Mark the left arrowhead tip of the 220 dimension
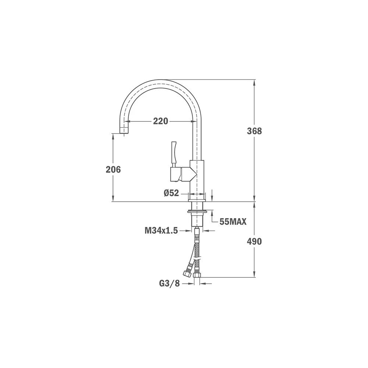point(124,121)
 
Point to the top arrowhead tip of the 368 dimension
point(254,80)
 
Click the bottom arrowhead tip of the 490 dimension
point(254,277)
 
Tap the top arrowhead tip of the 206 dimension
point(113,134)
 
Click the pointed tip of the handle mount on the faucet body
point(197,174)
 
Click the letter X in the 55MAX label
point(244,222)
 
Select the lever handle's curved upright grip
point(174,152)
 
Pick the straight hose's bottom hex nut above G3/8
point(197,275)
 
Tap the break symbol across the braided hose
point(197,259)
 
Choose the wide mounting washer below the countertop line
point(197,212)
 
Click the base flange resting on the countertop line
point(197,200)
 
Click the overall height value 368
point(254,131)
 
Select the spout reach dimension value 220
point(160,121)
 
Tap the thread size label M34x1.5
point(161,231)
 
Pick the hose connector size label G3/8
point(169,283)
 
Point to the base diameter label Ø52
point(171,193)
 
